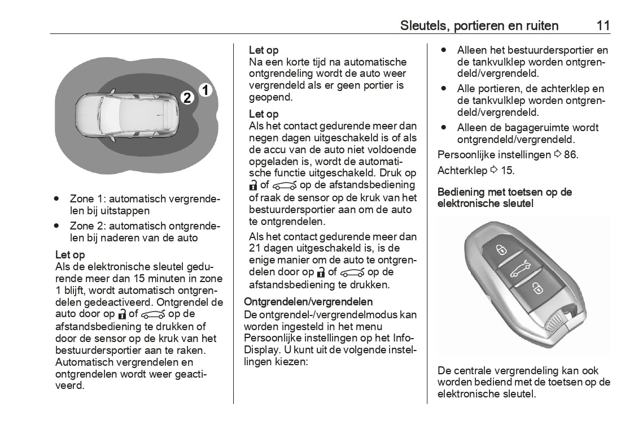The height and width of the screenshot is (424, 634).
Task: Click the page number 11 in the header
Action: pos(602,25)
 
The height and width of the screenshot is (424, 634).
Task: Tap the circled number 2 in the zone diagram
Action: pos(188,97)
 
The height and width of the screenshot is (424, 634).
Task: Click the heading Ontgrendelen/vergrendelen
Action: pos(308,302)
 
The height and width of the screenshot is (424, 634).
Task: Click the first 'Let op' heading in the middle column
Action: pos(264,50)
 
